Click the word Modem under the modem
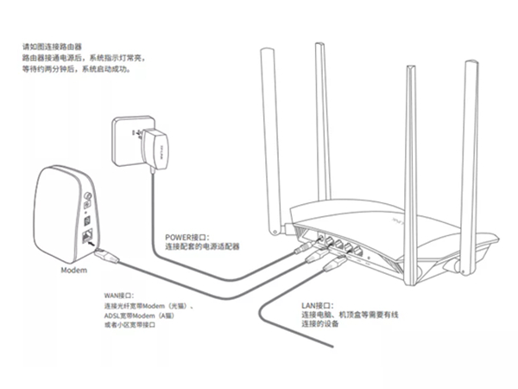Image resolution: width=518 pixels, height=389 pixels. [73, 270]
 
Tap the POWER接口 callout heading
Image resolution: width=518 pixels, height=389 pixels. [185, 235]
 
